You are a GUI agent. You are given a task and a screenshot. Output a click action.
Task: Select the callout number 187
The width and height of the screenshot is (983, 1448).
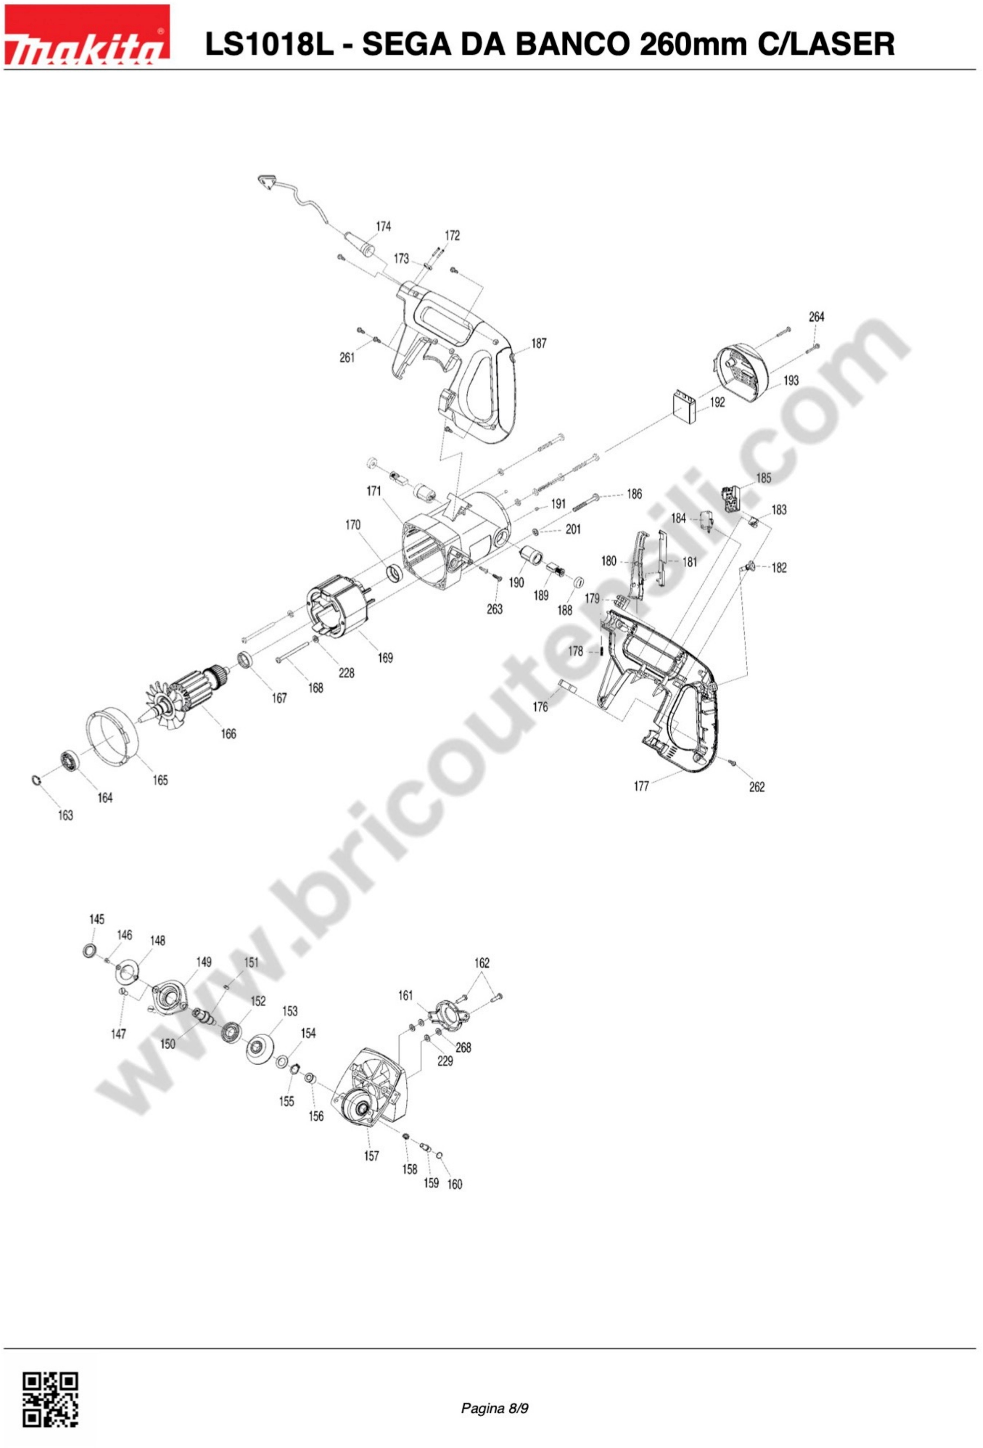539,343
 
